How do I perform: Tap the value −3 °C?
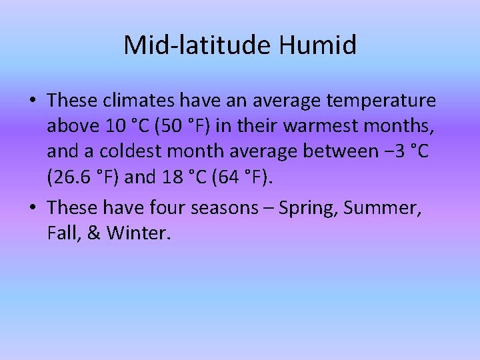coord(406,151)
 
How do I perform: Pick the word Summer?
coord(385,208)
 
